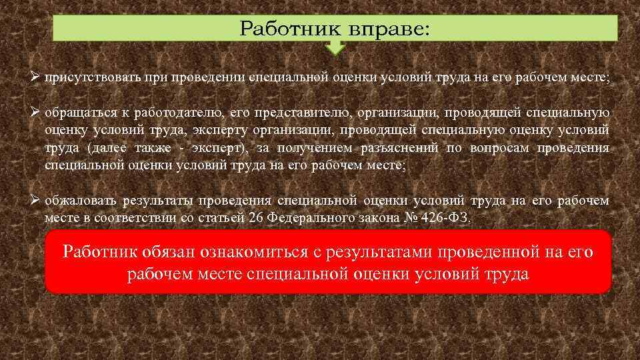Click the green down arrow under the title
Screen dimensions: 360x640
[335, 47]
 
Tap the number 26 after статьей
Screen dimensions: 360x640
[255, 218]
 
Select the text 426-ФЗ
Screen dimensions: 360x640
[449, 218]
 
